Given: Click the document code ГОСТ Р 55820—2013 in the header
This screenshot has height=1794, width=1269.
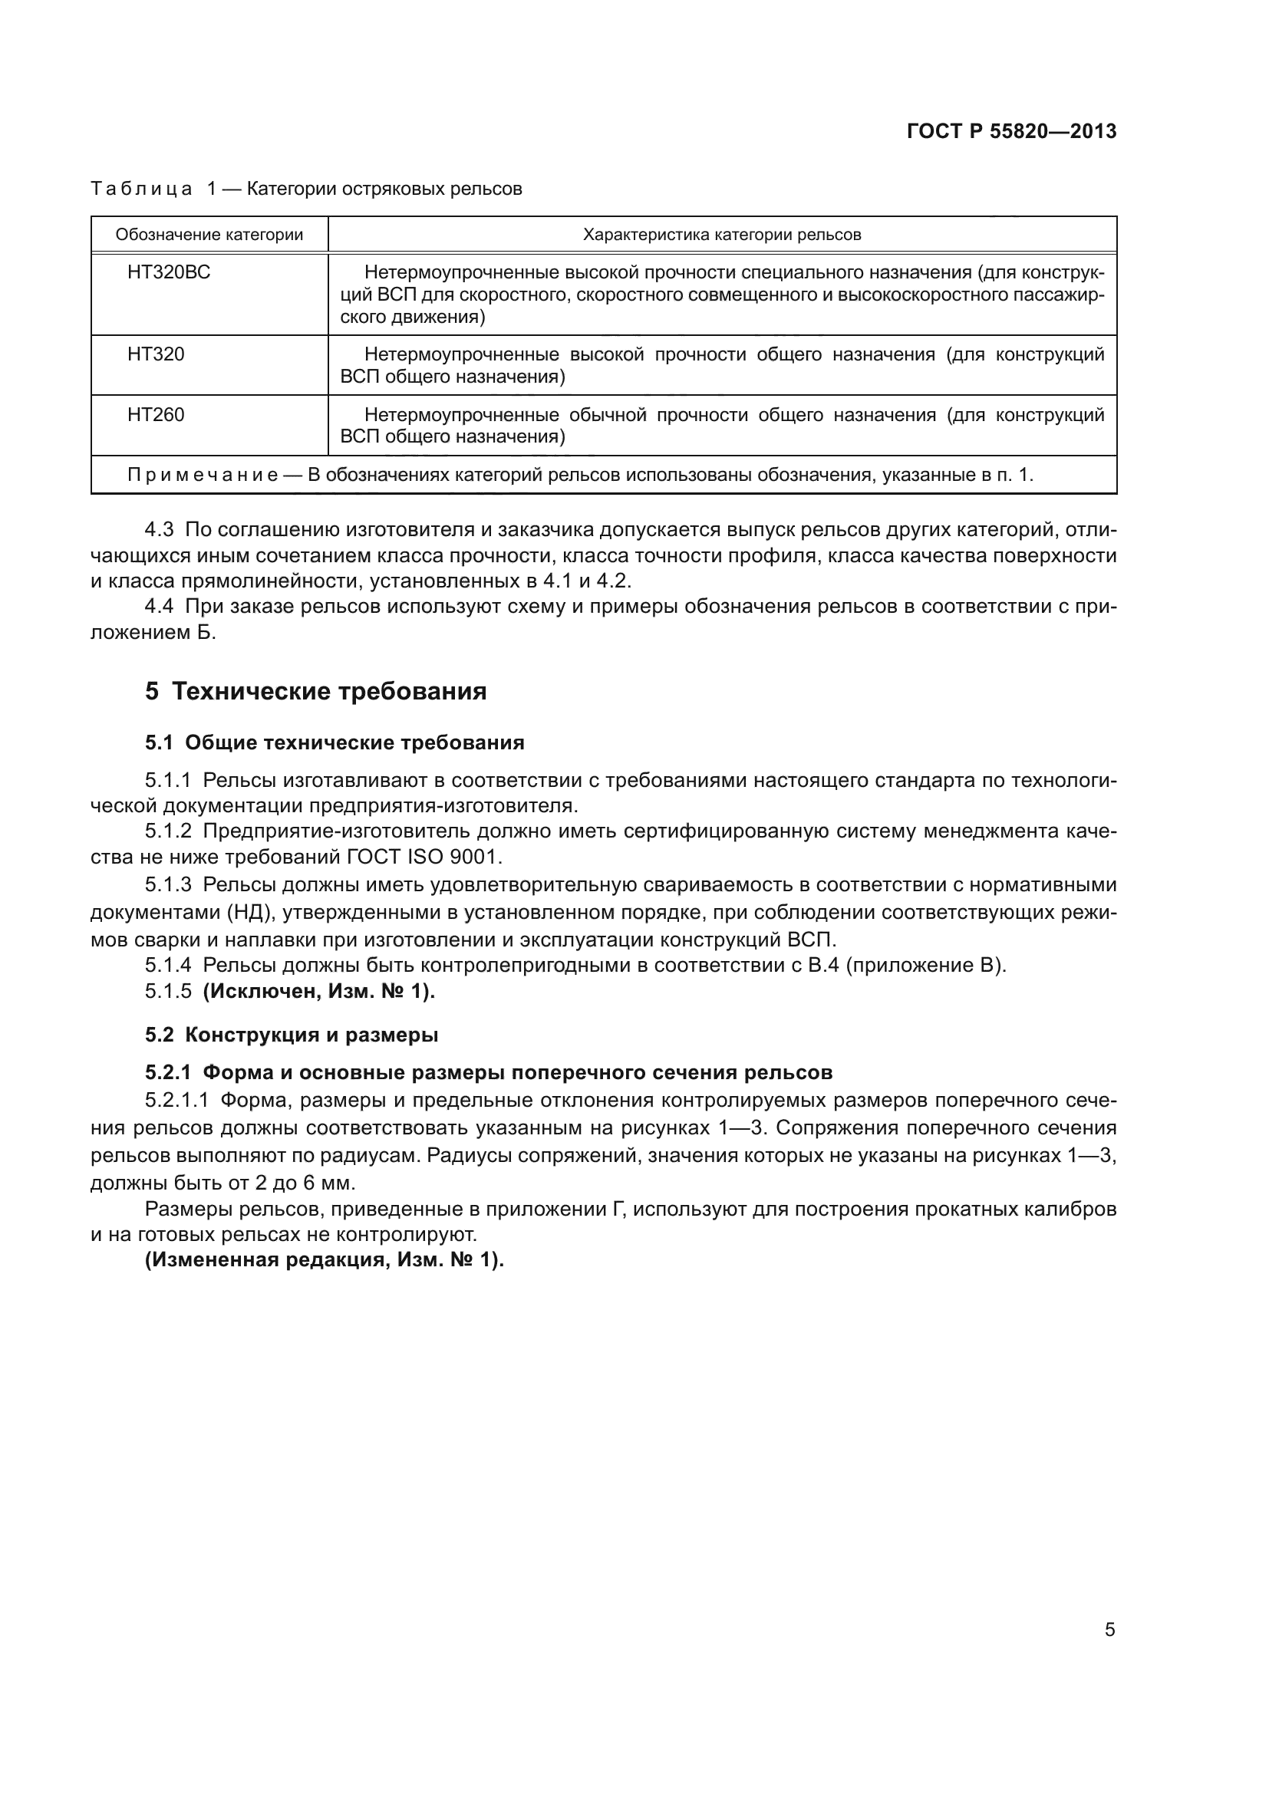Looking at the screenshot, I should point(1011,131).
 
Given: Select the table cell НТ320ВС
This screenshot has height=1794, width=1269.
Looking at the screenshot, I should point(169,273).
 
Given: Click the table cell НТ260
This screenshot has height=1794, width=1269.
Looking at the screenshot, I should point(156,415).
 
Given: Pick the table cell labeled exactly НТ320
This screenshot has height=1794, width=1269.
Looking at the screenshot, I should point(156,355).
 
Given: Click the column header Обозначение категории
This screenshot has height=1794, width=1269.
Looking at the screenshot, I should point(209,235).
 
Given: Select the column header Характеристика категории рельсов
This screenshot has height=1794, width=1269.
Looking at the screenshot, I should point(722,235).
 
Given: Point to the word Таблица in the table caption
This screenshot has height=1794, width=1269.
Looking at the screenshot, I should point(141,189).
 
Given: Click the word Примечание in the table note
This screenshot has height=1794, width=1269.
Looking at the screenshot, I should point(203,475).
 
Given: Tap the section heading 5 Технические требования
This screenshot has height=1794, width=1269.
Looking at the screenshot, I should point(315,692).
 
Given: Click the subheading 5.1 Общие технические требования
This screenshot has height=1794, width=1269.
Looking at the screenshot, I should point(335,742).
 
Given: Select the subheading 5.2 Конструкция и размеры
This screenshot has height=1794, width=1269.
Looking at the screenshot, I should point(292,1035).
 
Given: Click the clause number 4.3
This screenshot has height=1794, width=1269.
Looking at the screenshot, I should point(159,530).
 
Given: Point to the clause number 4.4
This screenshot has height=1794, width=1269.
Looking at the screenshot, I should point(159,607).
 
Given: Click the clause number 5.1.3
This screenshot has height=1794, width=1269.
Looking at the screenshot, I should point(168,884).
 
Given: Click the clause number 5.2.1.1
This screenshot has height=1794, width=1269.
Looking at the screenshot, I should point(176,1101).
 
